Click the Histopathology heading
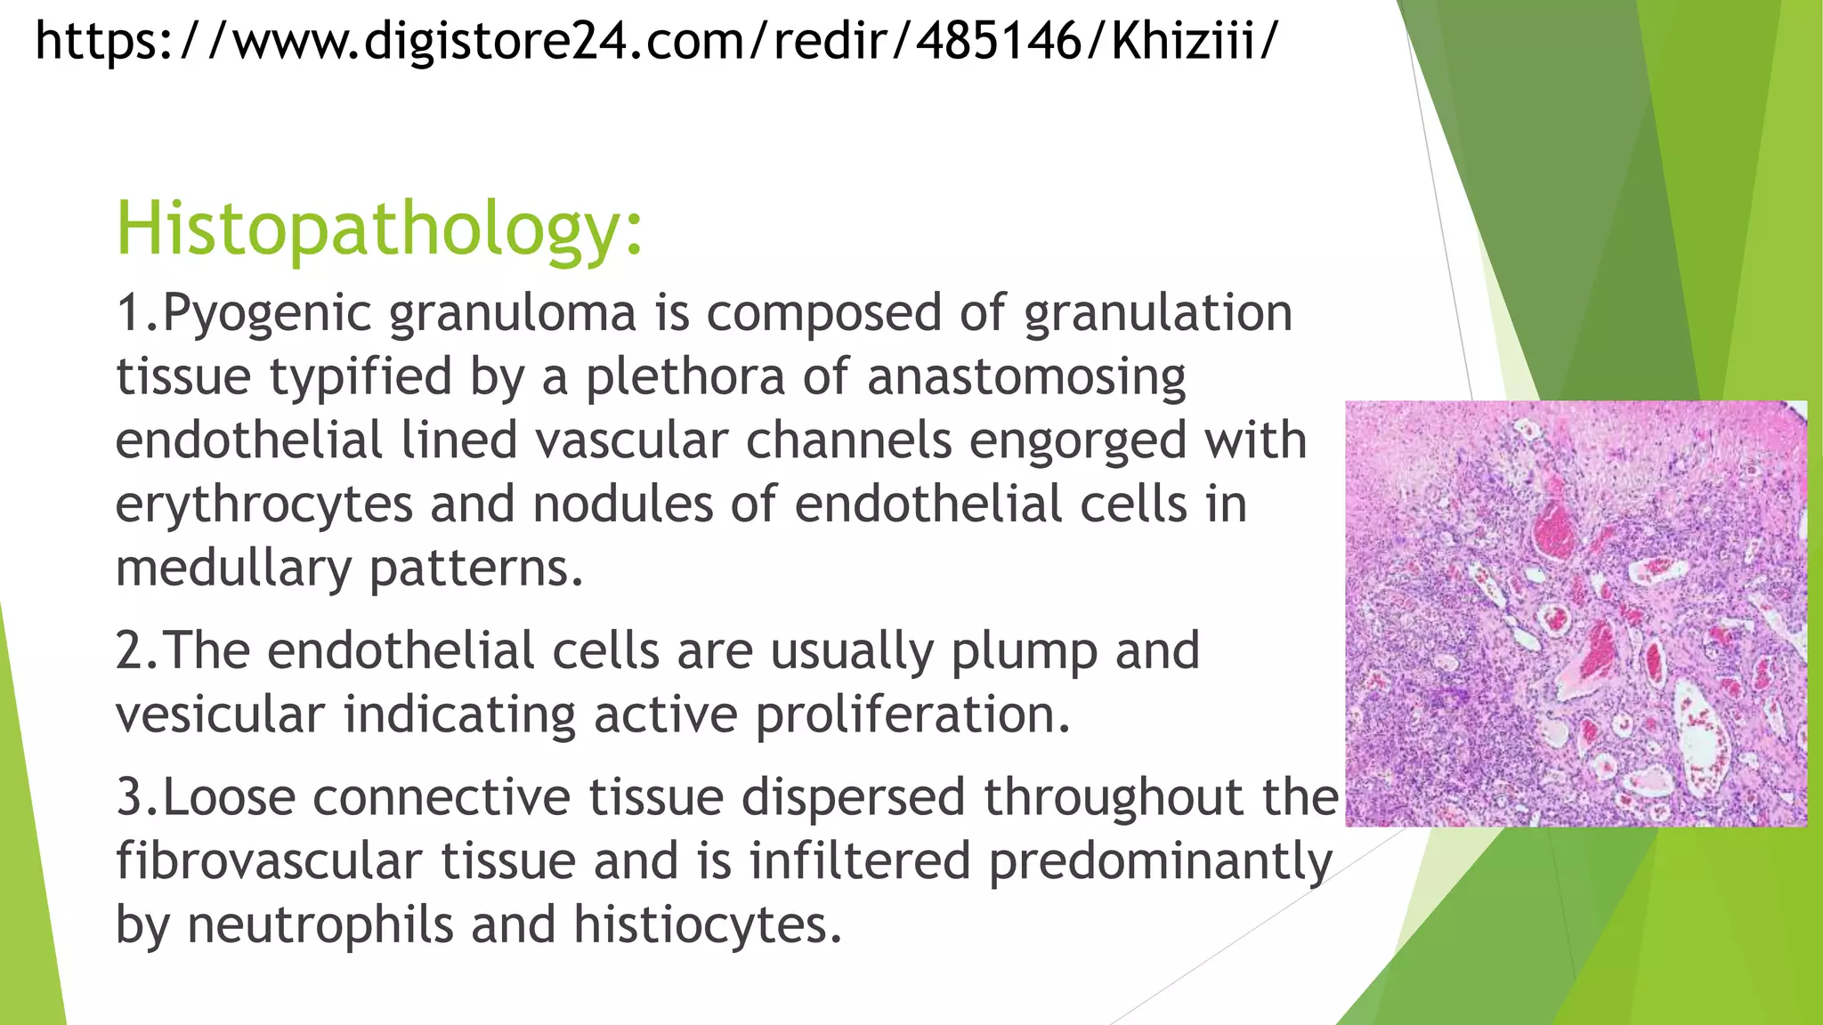point(379,229)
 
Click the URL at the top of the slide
point(657,41)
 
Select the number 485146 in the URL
point(999,41)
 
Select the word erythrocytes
point(264,505)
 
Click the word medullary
point(234,569)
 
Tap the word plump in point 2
point(1024,652)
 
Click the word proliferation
point(913,715)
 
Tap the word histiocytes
point(707,925)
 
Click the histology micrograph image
point(1576,614)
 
